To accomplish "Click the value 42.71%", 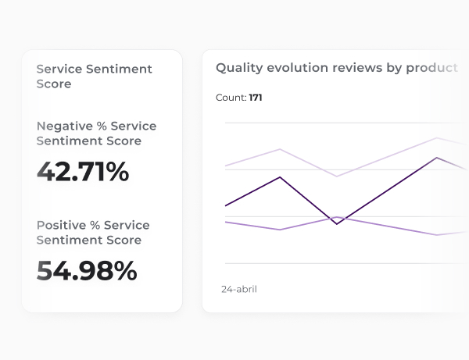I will coord(83,172).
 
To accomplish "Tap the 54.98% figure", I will coord(87,271).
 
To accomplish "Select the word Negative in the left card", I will coord(63,126).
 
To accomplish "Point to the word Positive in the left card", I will coord(59,225).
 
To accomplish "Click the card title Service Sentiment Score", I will coord(94,76).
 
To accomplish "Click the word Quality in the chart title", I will coord(239,68).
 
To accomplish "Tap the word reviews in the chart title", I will coord(357,68).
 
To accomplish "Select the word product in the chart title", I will coord(431,68).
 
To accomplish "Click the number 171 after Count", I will coord(256,98).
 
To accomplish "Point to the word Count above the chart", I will coord(231,98).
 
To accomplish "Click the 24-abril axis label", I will coord(239,289).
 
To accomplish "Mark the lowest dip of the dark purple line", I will coord(337,224).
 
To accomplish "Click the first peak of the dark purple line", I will coord(280,177).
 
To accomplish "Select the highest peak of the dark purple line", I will coord(437,158).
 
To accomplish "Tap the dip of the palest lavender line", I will coord(336,176).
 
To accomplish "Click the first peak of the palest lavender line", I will coord(280,148).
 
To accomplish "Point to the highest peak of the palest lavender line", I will coord(437,138).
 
